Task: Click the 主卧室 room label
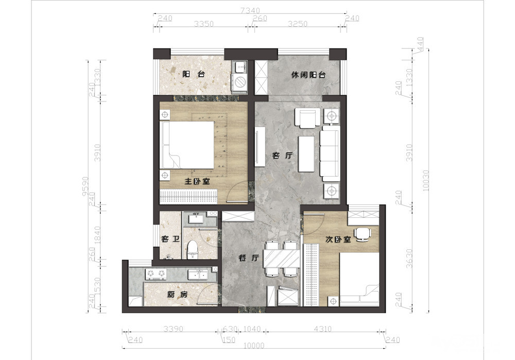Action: (x=197, y=181)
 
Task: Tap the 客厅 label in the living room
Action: (x=283, y=156)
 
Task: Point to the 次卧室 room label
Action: (x=338, y=239)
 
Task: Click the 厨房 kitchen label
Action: (x=177, y=295)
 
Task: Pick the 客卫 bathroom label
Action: (x=170, y=239)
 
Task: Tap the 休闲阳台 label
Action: (x=308, y=75)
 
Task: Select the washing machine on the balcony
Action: (x=241, y=81)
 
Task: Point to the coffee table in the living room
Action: (x=306, y=154)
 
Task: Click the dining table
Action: (x=282, y=258)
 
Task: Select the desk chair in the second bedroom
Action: (x=363, y=234)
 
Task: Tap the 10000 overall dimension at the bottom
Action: (x=254, y=345)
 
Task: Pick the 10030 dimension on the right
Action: (x=426, y=180)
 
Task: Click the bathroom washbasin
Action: (x=198, y=218)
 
